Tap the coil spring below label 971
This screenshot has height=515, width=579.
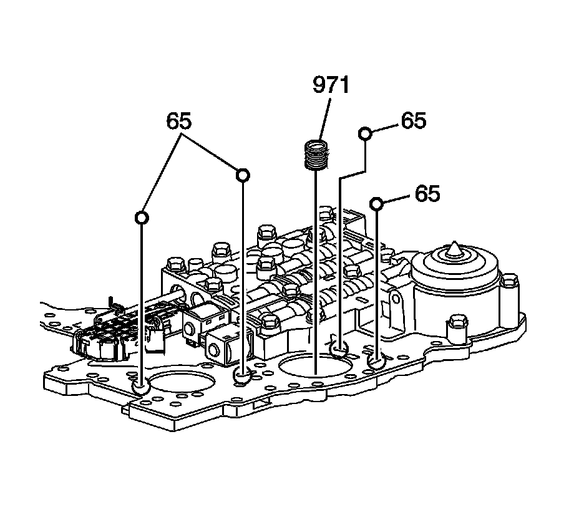(316, 155)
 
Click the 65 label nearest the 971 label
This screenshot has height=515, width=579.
(413, 120)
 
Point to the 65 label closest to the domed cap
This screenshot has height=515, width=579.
(427, 194)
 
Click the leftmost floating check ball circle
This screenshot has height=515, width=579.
(142, 217)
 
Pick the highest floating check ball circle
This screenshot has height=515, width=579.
(366, 133)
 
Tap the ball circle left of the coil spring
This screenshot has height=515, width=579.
(242, 175)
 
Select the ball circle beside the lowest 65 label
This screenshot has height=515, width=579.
(376, 203)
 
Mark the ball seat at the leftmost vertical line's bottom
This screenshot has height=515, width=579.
(142, 387)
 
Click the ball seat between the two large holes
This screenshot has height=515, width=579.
(242, 376)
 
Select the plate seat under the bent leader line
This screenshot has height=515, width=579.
(339, 350)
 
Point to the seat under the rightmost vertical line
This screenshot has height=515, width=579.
(376, 361)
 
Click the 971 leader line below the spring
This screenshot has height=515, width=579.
(316, 268)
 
